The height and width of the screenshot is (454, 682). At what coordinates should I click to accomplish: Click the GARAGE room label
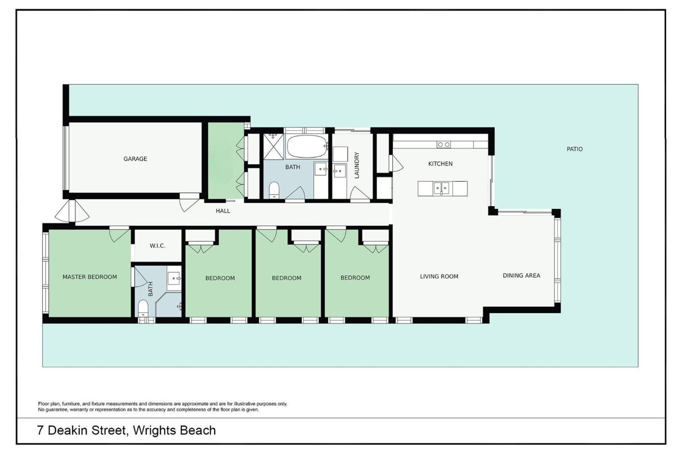135,159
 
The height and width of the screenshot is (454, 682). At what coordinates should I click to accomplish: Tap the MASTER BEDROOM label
90,277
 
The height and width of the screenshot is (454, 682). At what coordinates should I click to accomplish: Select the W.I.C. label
157,246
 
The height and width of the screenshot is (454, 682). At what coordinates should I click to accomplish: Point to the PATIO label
574,149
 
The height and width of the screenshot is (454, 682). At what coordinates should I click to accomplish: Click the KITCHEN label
440,164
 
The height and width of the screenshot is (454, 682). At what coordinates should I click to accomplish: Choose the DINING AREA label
521,276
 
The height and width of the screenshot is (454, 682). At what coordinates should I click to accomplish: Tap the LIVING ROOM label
439,277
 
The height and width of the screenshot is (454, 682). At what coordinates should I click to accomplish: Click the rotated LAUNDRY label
357,165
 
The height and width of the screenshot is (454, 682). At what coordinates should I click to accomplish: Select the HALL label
223,211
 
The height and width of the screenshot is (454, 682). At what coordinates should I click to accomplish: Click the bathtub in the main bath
307,146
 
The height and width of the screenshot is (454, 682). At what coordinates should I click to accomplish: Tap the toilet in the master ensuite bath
143,308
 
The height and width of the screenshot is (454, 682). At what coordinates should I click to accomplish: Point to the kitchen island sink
441,188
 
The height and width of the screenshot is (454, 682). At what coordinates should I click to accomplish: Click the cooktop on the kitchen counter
444,145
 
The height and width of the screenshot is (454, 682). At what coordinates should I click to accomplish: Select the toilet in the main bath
274,190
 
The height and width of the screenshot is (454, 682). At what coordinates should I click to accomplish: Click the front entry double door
72,211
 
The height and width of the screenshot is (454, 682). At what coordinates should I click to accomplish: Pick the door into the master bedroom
119,234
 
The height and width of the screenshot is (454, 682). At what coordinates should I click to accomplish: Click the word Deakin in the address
68,431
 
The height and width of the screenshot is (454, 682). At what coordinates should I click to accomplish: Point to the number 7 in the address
40,431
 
